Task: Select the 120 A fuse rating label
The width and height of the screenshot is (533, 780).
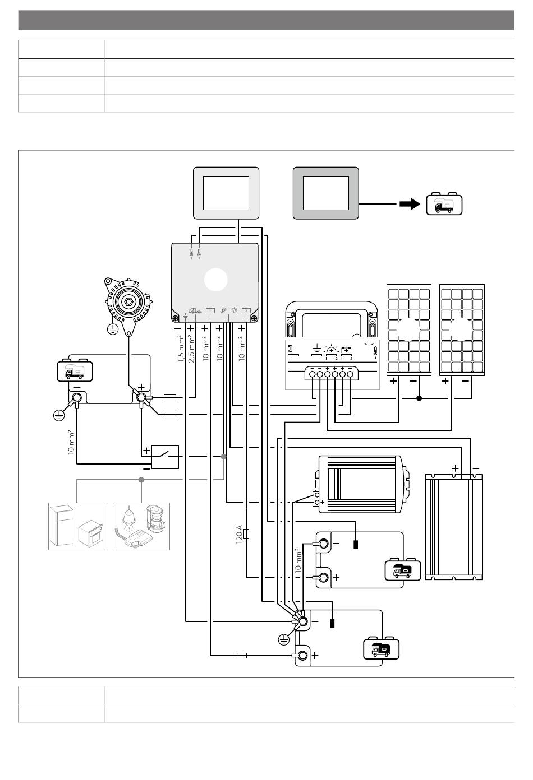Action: (239, 536)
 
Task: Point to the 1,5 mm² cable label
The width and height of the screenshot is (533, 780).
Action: (181, 350)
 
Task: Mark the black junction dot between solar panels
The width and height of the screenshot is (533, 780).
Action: (419, 398)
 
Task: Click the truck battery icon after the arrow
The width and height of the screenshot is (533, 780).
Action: (444, 204)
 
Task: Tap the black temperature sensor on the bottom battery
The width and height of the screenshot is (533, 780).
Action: (332, 624)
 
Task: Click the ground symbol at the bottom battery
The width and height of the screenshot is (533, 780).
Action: (284, 639)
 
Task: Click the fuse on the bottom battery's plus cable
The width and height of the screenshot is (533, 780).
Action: (242, 655)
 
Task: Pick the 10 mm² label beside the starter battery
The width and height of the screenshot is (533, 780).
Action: (70, 443)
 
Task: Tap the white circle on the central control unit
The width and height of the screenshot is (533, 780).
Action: (216, 280)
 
